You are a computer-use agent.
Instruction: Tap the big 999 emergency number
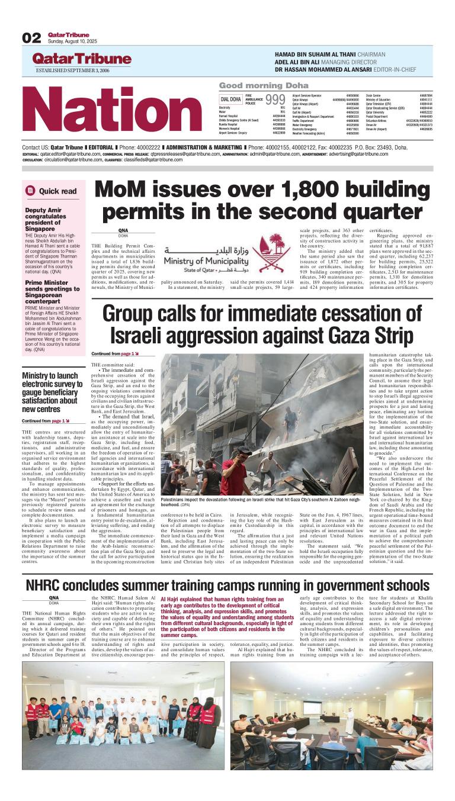(x=275, y=99)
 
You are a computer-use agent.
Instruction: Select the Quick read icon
(x=31, y=191)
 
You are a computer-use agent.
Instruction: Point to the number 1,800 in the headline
(x=307, y=191)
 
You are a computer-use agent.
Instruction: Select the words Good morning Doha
(x=255, y=85)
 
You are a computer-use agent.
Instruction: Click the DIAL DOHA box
(x=230, y=99)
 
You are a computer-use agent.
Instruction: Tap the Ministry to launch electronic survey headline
(x=50, y=388)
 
